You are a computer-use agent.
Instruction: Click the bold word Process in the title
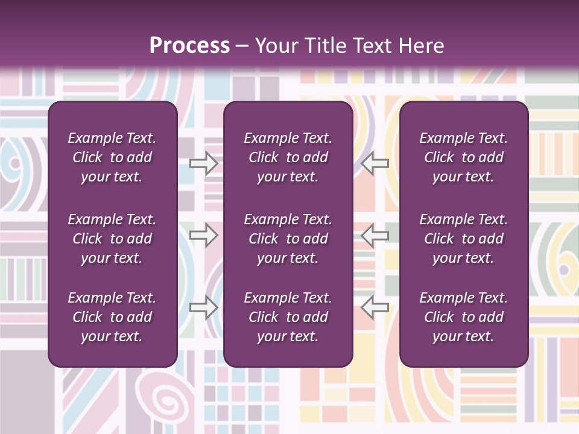189,46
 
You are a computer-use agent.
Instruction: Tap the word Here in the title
422,46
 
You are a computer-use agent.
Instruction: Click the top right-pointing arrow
204,163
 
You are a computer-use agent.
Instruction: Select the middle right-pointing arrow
204,235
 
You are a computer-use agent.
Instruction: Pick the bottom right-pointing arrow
204,307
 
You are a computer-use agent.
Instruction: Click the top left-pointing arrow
375,163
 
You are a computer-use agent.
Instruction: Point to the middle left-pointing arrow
375,235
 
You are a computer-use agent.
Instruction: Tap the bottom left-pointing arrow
375,307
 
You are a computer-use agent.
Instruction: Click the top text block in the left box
112,157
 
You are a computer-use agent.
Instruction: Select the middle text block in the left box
112,239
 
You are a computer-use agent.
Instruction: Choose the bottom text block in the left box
112,317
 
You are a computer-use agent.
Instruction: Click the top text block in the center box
288,157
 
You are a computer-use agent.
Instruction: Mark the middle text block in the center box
288,239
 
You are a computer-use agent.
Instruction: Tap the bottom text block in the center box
288,317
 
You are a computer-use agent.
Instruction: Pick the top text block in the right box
463,157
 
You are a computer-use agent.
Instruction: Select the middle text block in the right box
463,239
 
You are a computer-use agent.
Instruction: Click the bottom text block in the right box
463,317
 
